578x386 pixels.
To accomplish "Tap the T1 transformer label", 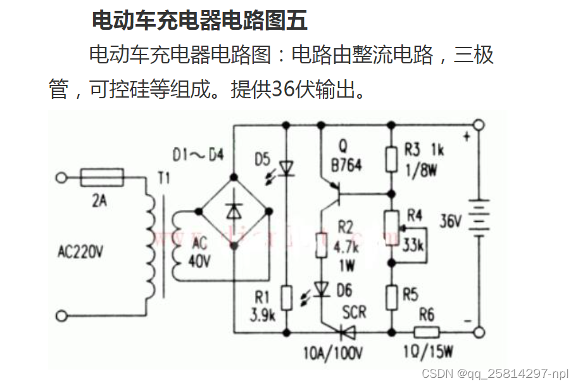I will tap(164, 179).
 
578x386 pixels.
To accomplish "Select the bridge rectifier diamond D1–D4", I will tap(234, 210).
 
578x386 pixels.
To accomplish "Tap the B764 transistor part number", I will tap(346, 165).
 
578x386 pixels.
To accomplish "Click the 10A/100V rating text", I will tap(333, 353).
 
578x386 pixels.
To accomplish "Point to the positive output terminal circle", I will tap(479, 125).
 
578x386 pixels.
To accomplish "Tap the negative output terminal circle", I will tap(479, 331).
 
